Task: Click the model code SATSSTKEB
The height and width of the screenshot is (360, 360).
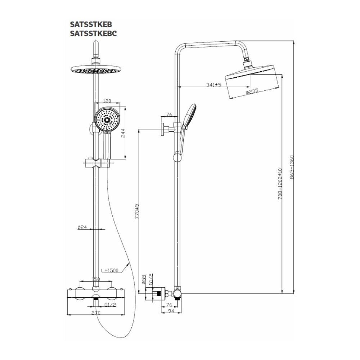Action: pos(91,25)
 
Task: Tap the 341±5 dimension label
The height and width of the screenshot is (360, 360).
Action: pos(213,85)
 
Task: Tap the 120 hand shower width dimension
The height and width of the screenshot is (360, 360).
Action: pos(107,101)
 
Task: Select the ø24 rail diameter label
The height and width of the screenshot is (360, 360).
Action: pos(82,227)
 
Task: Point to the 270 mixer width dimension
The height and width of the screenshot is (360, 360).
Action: pos(95,313)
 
